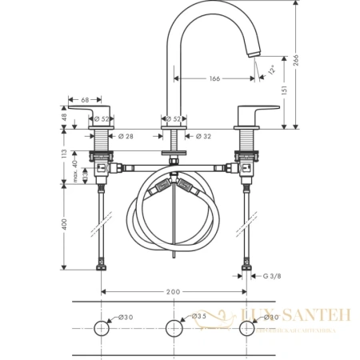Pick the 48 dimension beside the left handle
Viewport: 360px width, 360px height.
(x=66, y=117)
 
